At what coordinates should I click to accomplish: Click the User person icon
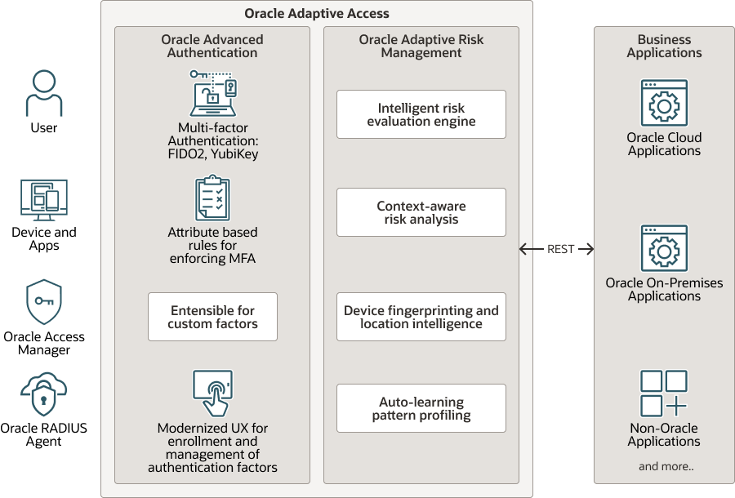(x=44, y=93)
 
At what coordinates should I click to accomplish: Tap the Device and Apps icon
(x=44, y=201)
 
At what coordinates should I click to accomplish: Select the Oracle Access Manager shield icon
(x=44, y=303)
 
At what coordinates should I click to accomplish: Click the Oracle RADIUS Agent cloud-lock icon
(x=44, y=395)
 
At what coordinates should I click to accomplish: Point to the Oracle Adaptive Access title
(x=317, y=14)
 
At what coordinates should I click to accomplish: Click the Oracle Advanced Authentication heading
(x=212, y=47)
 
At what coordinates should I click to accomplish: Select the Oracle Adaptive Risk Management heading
(x=421, y=47)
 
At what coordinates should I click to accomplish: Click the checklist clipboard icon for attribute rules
(x=212, y=198)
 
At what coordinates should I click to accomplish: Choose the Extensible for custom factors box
(x=212, y=317)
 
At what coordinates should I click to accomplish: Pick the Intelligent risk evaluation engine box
(x=421, y=114)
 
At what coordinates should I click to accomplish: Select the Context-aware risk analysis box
(x=421, y=212)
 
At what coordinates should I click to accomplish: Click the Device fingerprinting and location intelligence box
(x=421, y=317)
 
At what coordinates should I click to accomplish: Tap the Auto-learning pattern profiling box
(x=421, y=408)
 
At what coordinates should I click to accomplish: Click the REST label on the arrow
(x=561, y=249)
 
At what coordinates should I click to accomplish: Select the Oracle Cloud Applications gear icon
(x=664, y=103)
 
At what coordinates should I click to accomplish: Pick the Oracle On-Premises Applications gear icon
(x=664, y=248)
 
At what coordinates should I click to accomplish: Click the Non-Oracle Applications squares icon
(x=664, y=394)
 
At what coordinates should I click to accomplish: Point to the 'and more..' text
(x=664, y=467)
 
